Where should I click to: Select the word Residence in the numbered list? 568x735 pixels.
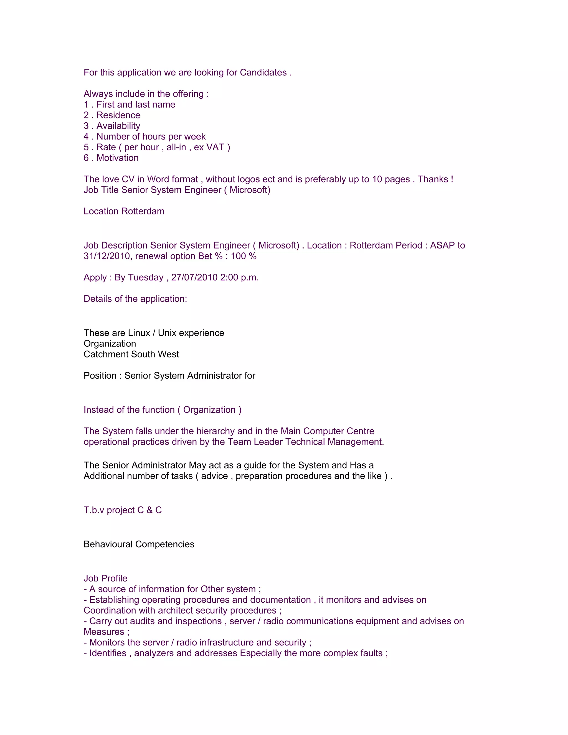(118, 115)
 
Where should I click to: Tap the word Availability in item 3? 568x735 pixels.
(118, 126)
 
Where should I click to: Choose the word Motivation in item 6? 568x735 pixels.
(117, 158)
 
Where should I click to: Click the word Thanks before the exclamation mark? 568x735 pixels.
(433, 179)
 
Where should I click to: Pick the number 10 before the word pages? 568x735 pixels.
(377, 179)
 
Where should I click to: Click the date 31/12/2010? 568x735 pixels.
(108, 256)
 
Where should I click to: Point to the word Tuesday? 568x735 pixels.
(146, 277)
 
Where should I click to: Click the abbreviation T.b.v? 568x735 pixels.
(94, 510)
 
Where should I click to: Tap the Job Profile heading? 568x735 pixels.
(105, 578)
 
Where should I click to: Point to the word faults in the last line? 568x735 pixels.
(371, 653)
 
